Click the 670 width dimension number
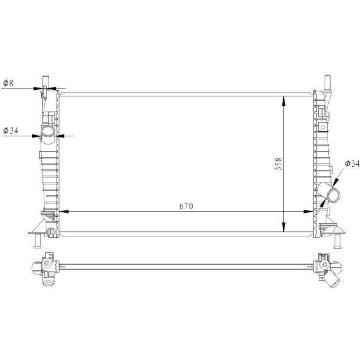click(x=186, y=206)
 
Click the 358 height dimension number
click(x=279, y=164)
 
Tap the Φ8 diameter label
click(x=8, y=83)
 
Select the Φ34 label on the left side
click(x=10, y=130)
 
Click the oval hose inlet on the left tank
click(x=48, y=131)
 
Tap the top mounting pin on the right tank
click(x=327, y=82)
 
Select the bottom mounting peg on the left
click(x=37, y=241)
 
